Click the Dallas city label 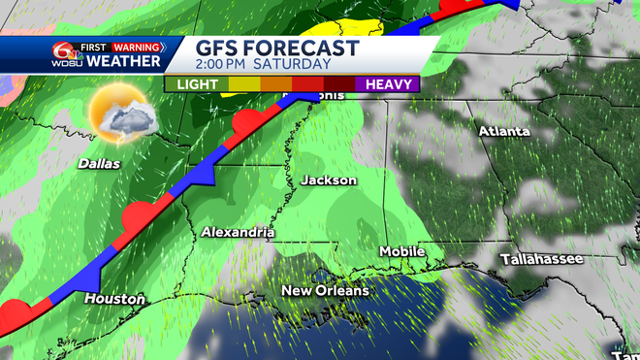tap(100, 164)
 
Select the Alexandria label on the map tap(239, 233)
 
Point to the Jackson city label tap(329, 180)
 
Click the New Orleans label tap(325, 291)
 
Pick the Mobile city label tap(401, 251)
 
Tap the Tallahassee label tap(541, 259)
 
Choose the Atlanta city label tap(503, 131)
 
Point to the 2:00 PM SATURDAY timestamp tap(264, 64)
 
